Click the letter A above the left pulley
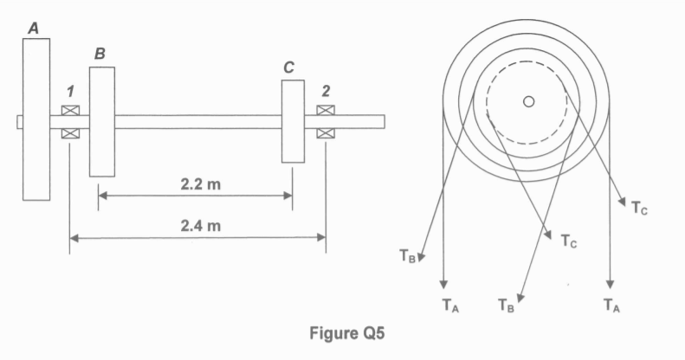click(34, 29)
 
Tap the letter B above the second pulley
click(100, 55)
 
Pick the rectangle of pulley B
click(102, 120)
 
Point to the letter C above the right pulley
click(288, 67)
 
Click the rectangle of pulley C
click(293, 121)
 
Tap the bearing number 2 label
click(326, 91)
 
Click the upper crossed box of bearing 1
click(69, 111)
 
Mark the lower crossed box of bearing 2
click(326, 133)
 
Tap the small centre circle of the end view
click(528, 102)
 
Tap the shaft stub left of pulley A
click(19, 122)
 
